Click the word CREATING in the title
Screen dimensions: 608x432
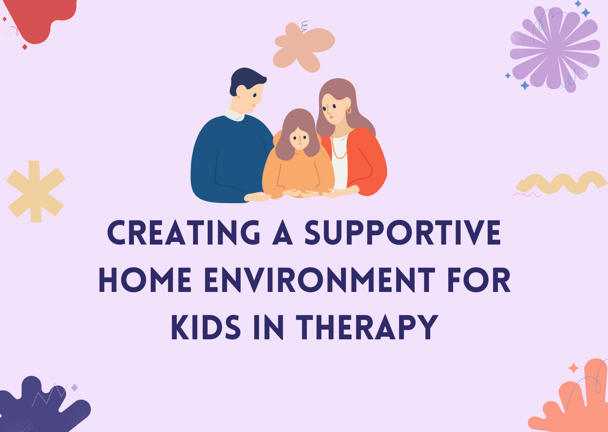point(184,232)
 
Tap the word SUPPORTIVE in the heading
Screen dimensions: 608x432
point(403,232)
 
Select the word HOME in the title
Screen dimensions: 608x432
point(145,280)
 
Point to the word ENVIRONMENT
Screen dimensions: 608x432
point(320,280)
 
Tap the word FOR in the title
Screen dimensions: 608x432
point(479,280)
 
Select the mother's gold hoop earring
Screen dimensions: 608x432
point(349,110)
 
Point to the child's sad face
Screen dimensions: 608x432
point(299,138)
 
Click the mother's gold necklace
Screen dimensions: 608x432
point(339,148)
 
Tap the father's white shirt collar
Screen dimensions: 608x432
point(234,116)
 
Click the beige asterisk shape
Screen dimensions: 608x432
point(36,192)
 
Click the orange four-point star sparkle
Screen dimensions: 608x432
point(573,368)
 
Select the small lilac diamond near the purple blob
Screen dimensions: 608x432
point(74,388)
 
